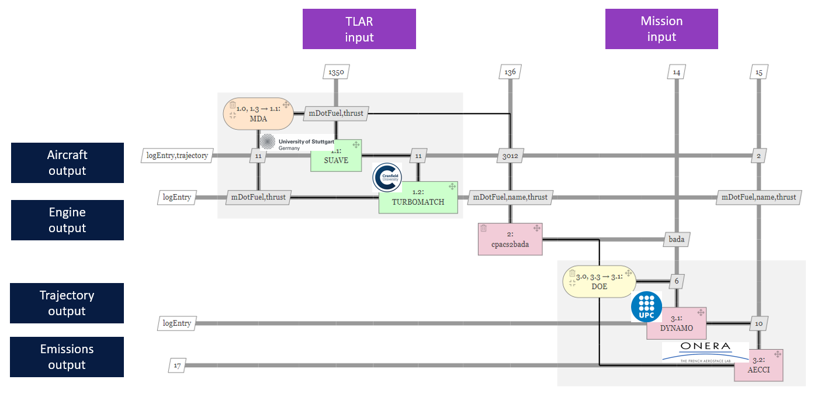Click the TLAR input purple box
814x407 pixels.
point(359,29)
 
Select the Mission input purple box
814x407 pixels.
point(661,29)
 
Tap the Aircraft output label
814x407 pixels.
point(67,163)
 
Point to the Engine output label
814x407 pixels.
point(67,220)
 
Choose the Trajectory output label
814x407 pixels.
point(67,303)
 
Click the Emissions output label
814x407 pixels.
point(67,357)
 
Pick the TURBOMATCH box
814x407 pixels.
point(418,198)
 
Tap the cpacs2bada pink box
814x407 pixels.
point(510,239)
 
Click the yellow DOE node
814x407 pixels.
point(599,281)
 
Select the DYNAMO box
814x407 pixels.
point(677,323)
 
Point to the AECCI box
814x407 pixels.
point(759,365)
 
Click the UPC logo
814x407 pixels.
point(646,306)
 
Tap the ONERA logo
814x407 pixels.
point(705,351)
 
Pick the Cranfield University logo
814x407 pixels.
point(387,178)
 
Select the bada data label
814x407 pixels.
point(676,239)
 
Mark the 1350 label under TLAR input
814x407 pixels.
point(336,73)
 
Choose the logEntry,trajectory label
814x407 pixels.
point(177,156)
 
